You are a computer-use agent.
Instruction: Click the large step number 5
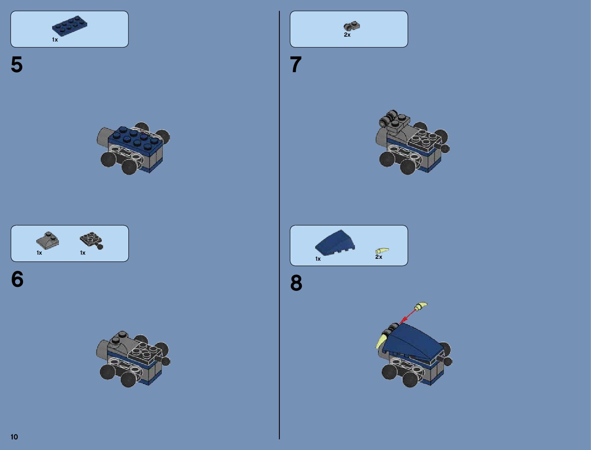[x=17, y=65]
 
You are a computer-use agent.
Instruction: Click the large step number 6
[x=17, y=279]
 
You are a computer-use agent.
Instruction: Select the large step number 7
[x=296, y=65]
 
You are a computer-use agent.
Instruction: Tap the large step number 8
[x=296, y=283]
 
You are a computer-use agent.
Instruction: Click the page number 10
[x=14, y=437]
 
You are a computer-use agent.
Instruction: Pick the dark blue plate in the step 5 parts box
[x=69, y=26]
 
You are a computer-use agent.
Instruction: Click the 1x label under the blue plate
[x=55, y=40]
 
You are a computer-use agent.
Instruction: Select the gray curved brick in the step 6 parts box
[x=48, y=240]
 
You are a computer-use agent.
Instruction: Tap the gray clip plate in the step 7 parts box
[x=352, y=26]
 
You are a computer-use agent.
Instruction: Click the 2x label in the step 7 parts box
[x=347, y=35]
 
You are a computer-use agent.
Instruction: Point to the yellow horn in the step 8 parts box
[x=382, y=251]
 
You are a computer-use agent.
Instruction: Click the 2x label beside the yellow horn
[x=378, y=257]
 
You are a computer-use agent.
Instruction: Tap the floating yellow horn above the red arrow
[x=421, y=306]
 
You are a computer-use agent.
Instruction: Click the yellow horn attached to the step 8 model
[x=382, y=340]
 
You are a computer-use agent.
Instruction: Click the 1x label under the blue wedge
[x=318, y=259]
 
